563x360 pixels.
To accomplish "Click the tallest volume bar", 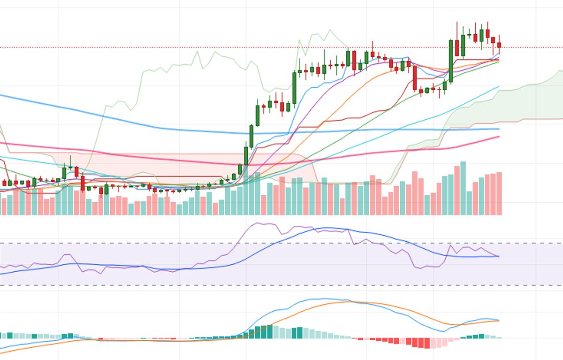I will [x=463, y=188].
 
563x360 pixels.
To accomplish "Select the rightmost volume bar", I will [x=499, y=193].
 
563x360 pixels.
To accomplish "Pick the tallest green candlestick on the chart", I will [x=294, y=87].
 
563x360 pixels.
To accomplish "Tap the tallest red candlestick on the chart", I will [x=415, y=78].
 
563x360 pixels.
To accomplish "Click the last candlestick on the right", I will [x=499, y=45].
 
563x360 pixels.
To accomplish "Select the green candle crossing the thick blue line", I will [x=251, y=136].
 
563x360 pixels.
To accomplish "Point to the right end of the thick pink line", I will [x=499, y=137].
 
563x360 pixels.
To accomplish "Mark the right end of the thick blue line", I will [x=499, y=129].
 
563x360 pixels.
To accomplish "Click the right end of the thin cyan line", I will [x=499, y=86].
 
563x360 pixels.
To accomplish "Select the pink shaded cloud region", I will [x=188, y=164].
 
